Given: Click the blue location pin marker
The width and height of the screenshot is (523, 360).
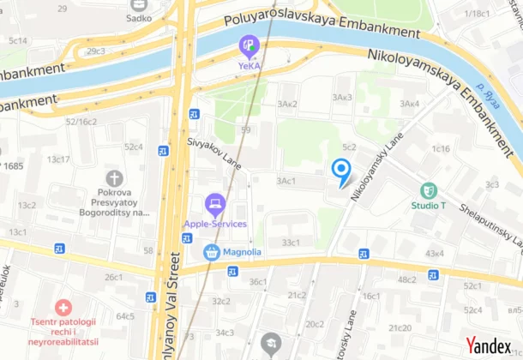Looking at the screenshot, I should tap(340, 171).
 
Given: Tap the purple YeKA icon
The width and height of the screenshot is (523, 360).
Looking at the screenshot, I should tap(249, 44).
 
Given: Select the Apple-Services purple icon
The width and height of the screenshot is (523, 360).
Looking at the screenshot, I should tap(214, 204).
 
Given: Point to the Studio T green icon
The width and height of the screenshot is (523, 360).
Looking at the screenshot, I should tap(429, 190).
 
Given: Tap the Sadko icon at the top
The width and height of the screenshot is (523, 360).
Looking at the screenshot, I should tap(138, 4).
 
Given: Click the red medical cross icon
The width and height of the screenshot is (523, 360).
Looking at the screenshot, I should tap(63, 307).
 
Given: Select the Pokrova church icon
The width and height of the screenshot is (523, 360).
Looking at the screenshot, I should tap(115, 178).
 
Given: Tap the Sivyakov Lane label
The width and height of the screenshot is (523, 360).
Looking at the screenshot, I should tap(214, 153).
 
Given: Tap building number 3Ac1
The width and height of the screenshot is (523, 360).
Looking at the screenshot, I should tap(286, 181).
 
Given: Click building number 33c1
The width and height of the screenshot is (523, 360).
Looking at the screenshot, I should tap(292, 243).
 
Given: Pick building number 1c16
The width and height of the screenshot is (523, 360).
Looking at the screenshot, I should tap(441, 148).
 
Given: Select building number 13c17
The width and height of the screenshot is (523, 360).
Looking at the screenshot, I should tap(58, 159).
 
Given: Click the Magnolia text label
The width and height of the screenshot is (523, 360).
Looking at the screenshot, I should tap(243, 252).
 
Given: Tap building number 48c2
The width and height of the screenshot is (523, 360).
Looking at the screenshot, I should tap(406, 279).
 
